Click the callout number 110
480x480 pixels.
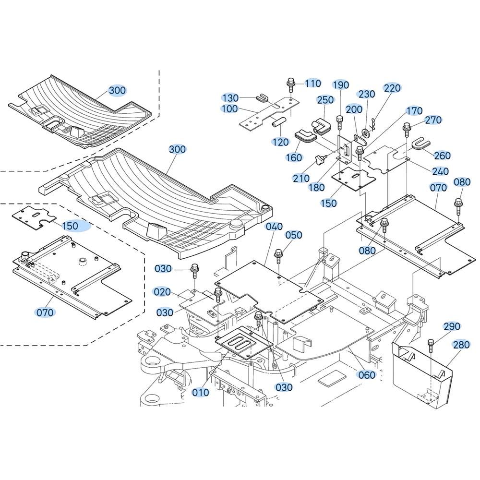coord(312,84)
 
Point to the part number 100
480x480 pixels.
coord(230,109)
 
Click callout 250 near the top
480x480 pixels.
coord(325,100)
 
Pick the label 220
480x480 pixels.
coord(392,88)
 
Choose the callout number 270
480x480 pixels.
coord(433,120)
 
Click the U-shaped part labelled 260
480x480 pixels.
coord(420,144)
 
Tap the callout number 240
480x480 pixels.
coord(440,171)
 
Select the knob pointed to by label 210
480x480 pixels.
coord(320,159)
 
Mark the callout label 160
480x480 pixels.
coord(294,157)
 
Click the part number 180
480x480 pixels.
coord(316,187)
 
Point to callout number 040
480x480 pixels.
coord(274,227)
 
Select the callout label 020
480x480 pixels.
coord(162,291)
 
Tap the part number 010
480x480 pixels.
coord(200,392)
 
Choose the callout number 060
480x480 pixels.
coord(367,375)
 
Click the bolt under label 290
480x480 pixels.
coord(431,343)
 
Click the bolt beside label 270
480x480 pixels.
coord(407,128)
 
